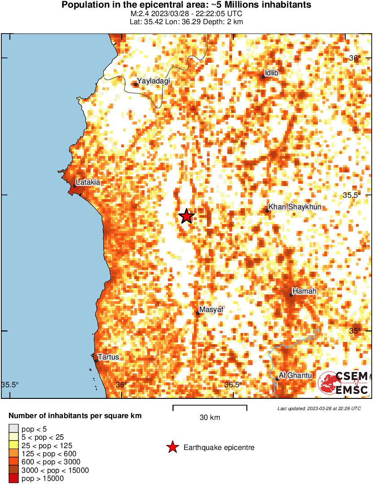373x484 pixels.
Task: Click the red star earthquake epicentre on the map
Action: (187, 216)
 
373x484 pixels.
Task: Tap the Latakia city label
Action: (88, 182)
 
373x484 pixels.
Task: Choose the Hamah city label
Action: (304, 291)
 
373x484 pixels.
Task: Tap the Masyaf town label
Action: (211, 310)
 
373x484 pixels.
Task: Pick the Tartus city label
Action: (109, 357)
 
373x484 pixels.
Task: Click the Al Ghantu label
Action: (295, 375)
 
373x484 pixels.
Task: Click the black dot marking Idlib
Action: (263, 77)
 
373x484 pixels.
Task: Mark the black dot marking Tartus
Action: (96, 361)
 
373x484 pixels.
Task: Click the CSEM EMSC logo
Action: (343, 383)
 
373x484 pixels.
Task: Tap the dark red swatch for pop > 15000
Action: (13, 479)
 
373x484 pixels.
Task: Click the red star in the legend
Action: (172, 447)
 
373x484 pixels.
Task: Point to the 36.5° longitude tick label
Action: (233, 385)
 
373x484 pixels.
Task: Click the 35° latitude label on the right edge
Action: (355, 331)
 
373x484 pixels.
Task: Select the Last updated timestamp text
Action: (319, 408)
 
